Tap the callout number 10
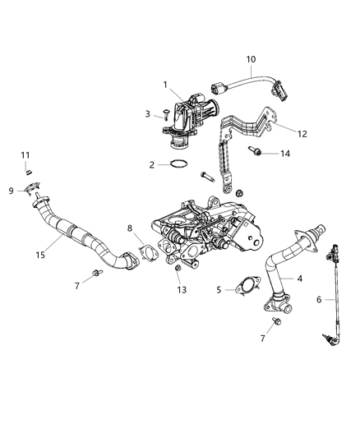coord(252,59)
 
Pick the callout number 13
coord(182,290)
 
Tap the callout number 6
coord(319,302)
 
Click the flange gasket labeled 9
coord(32,191)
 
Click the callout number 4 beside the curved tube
coord(299,279)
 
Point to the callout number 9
coord(12,191)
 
